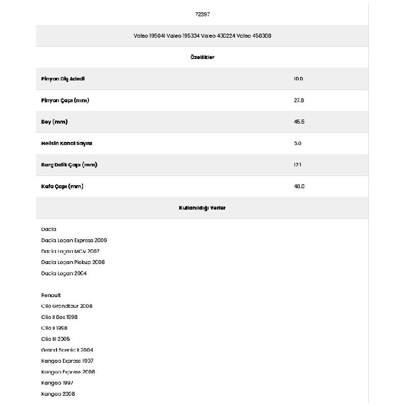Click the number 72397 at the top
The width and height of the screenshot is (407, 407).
(x=202, y=14)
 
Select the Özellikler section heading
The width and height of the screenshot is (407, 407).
(x=202, y=57)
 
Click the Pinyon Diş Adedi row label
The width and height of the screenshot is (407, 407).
(x=63, y=79)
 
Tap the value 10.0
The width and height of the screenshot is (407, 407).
(x=298, y=79)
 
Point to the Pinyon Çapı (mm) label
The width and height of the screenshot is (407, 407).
(x=65, y=100)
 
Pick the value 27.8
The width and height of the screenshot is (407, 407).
(x=299, y=100)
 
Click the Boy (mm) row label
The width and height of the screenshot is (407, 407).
(x=54, y=122)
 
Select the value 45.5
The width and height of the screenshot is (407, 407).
(x=299, y=122)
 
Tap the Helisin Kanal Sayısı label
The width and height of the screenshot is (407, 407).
(x=67, y=143)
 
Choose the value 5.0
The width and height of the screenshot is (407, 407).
(x=298, y=143)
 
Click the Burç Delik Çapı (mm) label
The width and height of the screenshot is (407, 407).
(x=69, y=165)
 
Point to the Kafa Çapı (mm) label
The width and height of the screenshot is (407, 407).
(x=62, y=186)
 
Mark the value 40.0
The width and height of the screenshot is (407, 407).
(x=299, y=186)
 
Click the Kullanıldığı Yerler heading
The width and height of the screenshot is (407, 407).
(x=202, y=208)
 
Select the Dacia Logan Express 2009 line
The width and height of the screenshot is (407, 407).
(x=74, y=240)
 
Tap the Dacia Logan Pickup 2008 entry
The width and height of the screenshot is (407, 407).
(x=73, y=262)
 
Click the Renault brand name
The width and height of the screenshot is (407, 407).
(x=51, y=295)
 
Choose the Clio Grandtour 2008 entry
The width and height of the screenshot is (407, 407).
(x=67, y=306)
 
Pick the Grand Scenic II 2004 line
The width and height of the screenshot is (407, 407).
(x=67, y=350)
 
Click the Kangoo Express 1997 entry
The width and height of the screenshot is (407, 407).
(x=67, y=361)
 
